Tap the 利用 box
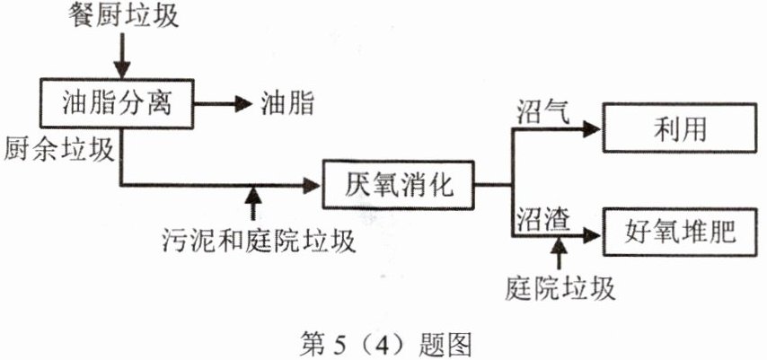point(676,129)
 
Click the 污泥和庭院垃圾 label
point(259,240)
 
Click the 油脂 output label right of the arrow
point(287,104)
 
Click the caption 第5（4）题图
point(383,343)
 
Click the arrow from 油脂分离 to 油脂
point(225,104)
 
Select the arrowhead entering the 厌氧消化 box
point(313,186)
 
